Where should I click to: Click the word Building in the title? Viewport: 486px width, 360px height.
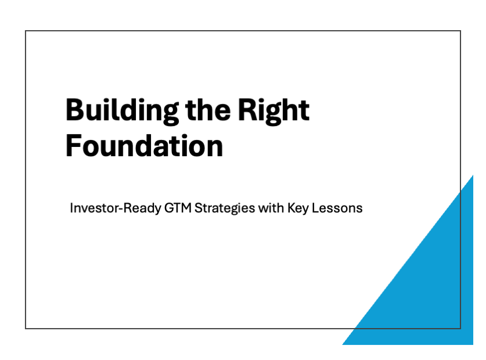122,111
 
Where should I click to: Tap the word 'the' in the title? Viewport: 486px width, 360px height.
208,110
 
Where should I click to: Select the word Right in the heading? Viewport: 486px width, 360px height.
273,111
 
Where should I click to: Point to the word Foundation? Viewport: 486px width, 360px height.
145,146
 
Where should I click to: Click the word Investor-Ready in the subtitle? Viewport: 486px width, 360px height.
116,208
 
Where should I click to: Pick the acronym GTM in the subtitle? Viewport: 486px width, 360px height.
178,208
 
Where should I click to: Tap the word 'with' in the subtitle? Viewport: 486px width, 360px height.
271,208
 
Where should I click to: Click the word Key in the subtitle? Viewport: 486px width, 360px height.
298,208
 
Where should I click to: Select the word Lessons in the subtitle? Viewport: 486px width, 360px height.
337,208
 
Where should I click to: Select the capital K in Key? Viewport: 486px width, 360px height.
291,208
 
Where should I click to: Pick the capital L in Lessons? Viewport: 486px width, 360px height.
315,208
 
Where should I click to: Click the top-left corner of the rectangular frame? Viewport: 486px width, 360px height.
26,31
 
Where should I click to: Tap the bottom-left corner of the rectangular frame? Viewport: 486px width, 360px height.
26,329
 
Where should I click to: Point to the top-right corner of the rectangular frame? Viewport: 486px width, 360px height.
460,31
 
